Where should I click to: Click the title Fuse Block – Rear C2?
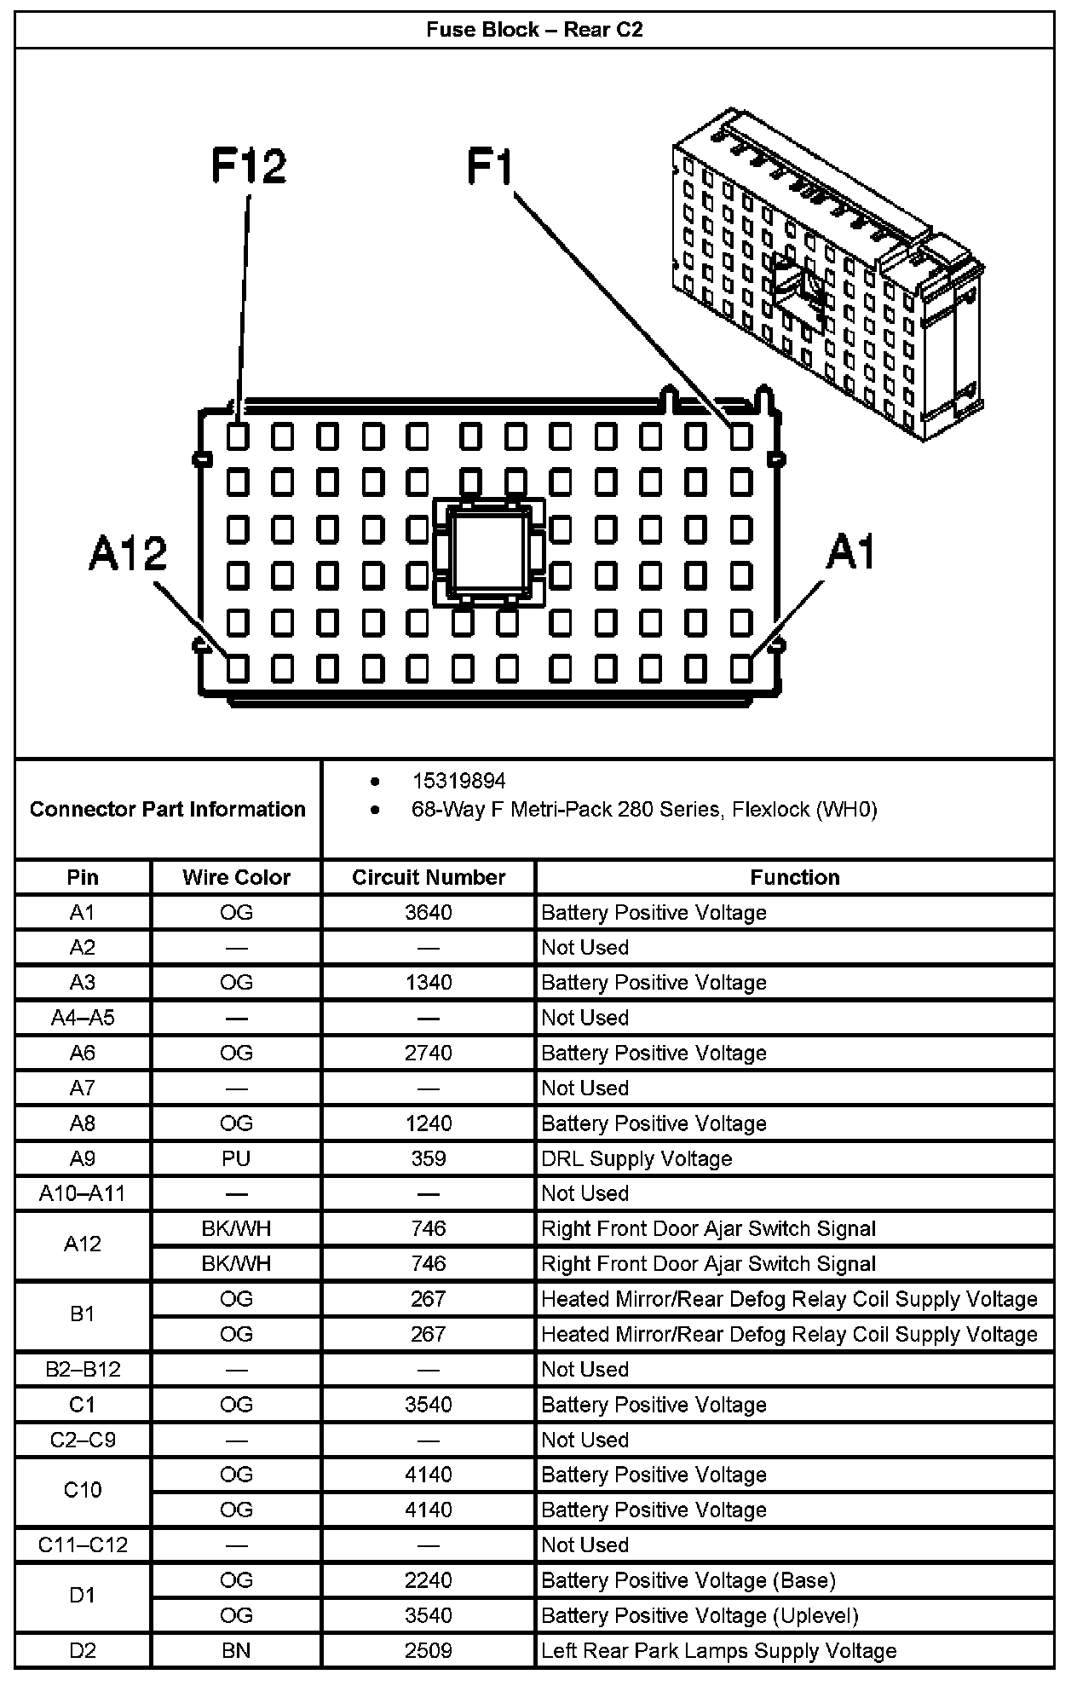pos(534,30)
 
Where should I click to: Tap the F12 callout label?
pos(249,165)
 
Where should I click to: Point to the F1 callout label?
pos(491,165)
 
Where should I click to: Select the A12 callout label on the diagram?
pos(128,554)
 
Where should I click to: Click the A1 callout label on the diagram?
pos(851,552)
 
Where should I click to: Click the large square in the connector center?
pos(489,552)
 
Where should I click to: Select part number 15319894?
pos(458,781)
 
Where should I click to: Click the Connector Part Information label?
pos(168,809)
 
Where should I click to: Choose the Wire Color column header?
pos(236,877)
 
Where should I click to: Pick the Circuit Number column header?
pos(429,877)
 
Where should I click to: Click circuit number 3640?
pos(429,913)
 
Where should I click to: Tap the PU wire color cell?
pos(236,1158)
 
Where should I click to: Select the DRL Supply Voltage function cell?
pos(636,1158)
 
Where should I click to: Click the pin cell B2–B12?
pos(83,1369)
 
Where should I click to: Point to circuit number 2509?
pos(429,1650)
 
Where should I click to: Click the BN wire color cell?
pos(236,1650)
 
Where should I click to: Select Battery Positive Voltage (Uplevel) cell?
pos(700,1615)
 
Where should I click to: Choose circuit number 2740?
pos(429,1053)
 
